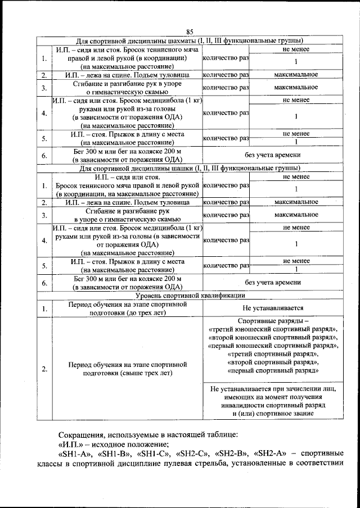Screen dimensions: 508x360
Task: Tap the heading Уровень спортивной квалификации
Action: click(190, 294)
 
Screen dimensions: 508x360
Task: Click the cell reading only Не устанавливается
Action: click(273, 308)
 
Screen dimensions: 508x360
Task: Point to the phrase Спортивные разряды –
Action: click(273, 320)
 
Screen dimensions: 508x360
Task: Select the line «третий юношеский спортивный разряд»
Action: click(273, 329)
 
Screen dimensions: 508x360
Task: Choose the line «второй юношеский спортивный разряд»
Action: click(273, 337)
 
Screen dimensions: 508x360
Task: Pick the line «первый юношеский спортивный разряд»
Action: click(273, 346)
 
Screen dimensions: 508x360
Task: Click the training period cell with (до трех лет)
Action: click(127, 308)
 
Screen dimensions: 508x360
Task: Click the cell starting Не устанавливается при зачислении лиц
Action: click(273, 401)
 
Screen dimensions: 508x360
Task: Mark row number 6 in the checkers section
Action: click(44, 282)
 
